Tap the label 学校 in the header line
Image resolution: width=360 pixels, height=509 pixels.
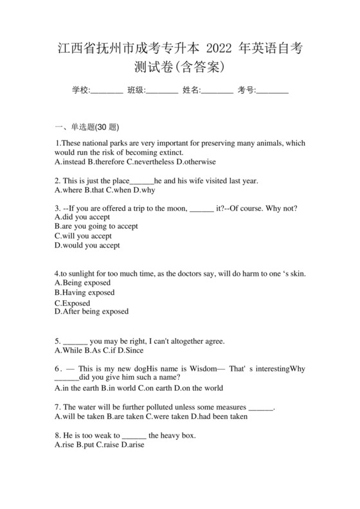pyautogui.click(x=80, y=90)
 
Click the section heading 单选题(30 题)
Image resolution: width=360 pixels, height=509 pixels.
pyautogui.click(x=94, y=127)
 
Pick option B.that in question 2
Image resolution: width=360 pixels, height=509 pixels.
pyautogui.click(x=94, y=190)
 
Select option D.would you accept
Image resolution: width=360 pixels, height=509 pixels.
pyautogui.click(x=87, y=245)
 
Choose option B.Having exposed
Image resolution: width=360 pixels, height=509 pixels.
pyautogui.click(x=85, y=292)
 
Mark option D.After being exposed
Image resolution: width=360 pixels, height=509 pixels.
pyautogui.click(x=92, y=312)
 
